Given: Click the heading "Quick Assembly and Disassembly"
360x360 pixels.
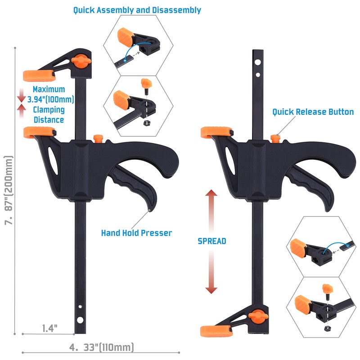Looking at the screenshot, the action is pyautogui.click(x=137, y=10).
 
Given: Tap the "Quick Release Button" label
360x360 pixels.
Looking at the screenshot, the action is pyautogui.click(x=313, y=112).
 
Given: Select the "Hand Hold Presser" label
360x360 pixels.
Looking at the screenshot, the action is pyautogui.click(x=137, y=233).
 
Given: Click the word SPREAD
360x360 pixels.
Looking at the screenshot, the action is pyautogui.click(x=212, y=241).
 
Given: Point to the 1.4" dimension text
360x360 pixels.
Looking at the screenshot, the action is pyautogui.click(x=49, y=328).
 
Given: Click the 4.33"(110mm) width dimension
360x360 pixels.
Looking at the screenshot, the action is pyautogui.click(x=102, y=347).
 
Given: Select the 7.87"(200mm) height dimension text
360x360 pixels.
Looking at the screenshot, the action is pyautogui.click(x=9, y=190).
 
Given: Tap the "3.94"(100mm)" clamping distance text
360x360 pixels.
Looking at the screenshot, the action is pyautogui.click(x=51, y=99).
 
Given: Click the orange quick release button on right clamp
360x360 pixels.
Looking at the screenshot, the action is pyautogui.click(x=275, y=139).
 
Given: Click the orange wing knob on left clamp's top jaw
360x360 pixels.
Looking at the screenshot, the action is pyautogui.click(x=81, y=61).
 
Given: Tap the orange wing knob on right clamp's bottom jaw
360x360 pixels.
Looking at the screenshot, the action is pyautogui.click(x=258, y=316).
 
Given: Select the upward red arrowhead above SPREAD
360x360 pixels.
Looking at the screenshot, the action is pyautogui.click(x=211, y=193).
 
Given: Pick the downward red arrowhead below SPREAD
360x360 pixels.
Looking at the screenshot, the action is pyautogui.click(x=211, y=290).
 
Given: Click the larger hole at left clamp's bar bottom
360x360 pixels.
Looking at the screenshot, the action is pyautogui.click(x=80, y=320).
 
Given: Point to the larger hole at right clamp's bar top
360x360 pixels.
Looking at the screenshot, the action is pyautogui.click(x=257, y=62).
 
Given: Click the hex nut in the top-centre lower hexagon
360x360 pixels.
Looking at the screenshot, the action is pyautogui.click(x=146, y=123).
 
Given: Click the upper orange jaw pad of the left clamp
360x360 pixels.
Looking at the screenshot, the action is pyautogui.click(x=39, y=76).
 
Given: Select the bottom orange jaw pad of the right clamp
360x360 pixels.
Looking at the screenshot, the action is pyautogui.click(x=216, y=331).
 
